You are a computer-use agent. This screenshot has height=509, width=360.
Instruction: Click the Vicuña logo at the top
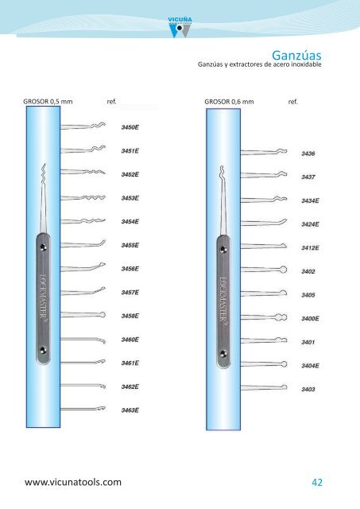[180, 27]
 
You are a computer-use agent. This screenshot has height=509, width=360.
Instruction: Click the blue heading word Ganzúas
[296, 55]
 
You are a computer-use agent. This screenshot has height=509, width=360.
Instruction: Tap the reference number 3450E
[130, 127]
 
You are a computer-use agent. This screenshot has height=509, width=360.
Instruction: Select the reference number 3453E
[130, 198]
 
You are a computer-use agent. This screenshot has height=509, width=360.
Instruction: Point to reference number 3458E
[130, 316]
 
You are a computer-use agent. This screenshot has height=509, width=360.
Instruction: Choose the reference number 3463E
[130, 410]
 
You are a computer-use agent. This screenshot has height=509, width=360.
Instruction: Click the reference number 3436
[308, 153]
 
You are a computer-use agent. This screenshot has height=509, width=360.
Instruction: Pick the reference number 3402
[308, 271]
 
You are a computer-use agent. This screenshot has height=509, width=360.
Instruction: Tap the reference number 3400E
[311, 318]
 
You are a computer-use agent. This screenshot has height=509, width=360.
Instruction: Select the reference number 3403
[308, 389]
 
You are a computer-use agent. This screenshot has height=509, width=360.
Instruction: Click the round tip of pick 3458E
[103, 315]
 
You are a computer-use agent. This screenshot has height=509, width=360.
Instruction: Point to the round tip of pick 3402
[283, 270]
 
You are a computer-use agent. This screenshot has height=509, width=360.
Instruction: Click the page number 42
[317, 483]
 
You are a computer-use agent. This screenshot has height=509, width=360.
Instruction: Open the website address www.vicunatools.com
[73, 482]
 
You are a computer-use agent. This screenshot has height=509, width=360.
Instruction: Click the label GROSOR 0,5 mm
[48, 102]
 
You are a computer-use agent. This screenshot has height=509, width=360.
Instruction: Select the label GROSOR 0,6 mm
[229, 102]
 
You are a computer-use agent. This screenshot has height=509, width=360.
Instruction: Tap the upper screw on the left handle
[43, 248]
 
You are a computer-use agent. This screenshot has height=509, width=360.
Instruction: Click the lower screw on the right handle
[223, 353]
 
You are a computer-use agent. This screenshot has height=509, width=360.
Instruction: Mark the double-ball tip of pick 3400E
[281, 317]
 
